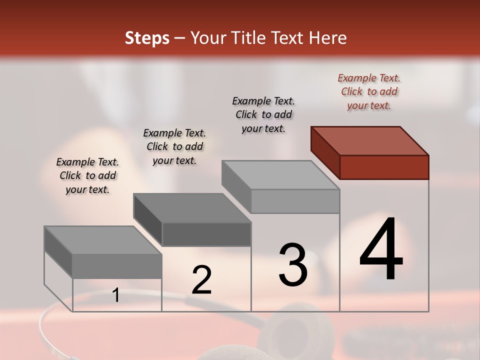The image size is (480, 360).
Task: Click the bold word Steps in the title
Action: click(146, 38)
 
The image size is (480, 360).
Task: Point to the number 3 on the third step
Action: click(293, 265)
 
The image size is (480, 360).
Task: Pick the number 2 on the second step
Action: click(201, 280)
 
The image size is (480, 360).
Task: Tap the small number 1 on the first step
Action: click(116, 295)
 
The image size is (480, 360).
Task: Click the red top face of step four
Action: click(369, 140)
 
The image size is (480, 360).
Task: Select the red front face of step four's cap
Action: click(384, 167)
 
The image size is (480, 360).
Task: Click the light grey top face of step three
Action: click(280, 175)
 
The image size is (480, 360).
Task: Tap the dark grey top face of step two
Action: click(191, 208)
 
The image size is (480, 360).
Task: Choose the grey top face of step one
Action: click(102, 240)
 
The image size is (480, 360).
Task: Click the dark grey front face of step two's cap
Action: click(206, 234)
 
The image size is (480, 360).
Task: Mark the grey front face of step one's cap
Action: click(117, 266)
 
